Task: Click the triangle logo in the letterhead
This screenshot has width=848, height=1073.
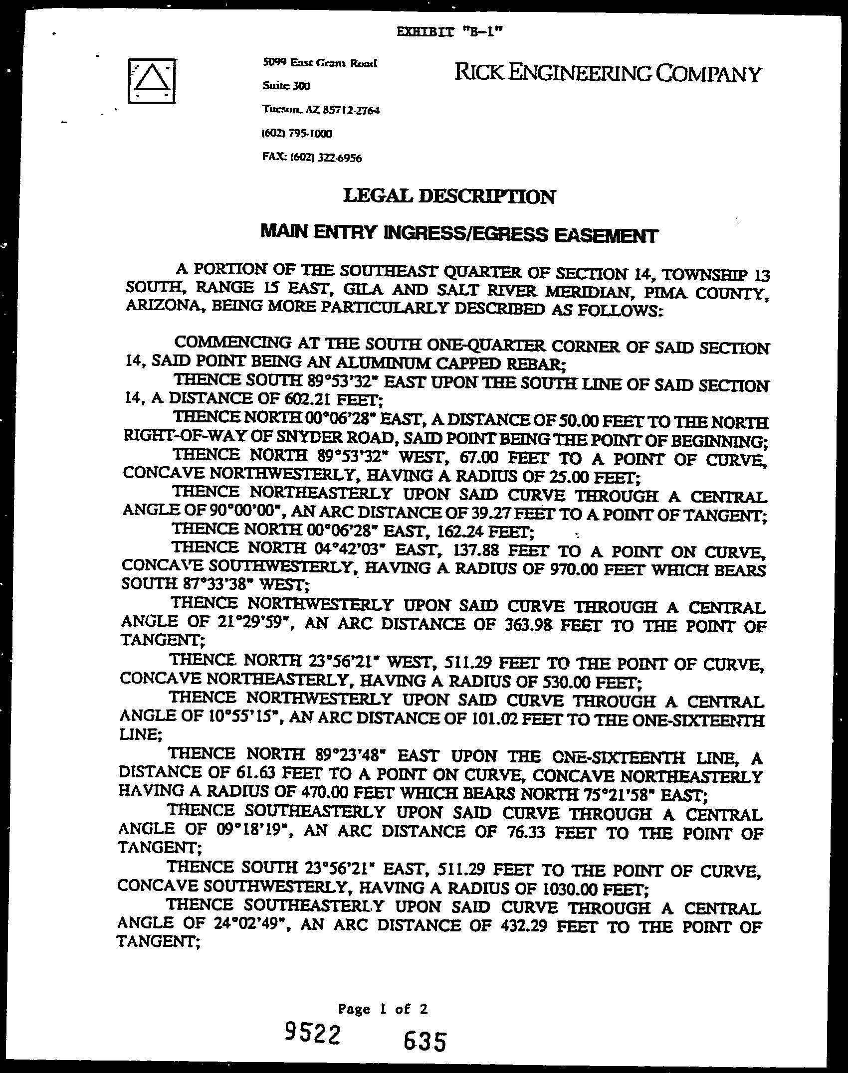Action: [151, 80]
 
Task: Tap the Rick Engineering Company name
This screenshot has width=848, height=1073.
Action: [608, 75]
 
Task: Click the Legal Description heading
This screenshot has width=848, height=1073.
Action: [448, 196]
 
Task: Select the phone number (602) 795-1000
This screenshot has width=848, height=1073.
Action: [296, 134]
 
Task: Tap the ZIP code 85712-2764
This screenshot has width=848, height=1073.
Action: [352, 110]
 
